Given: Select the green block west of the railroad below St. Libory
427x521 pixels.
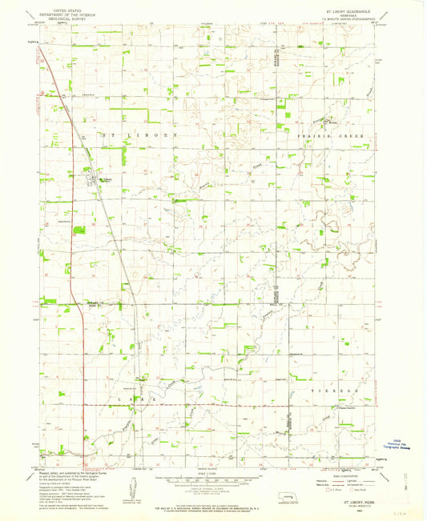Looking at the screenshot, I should tap(79, 230).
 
